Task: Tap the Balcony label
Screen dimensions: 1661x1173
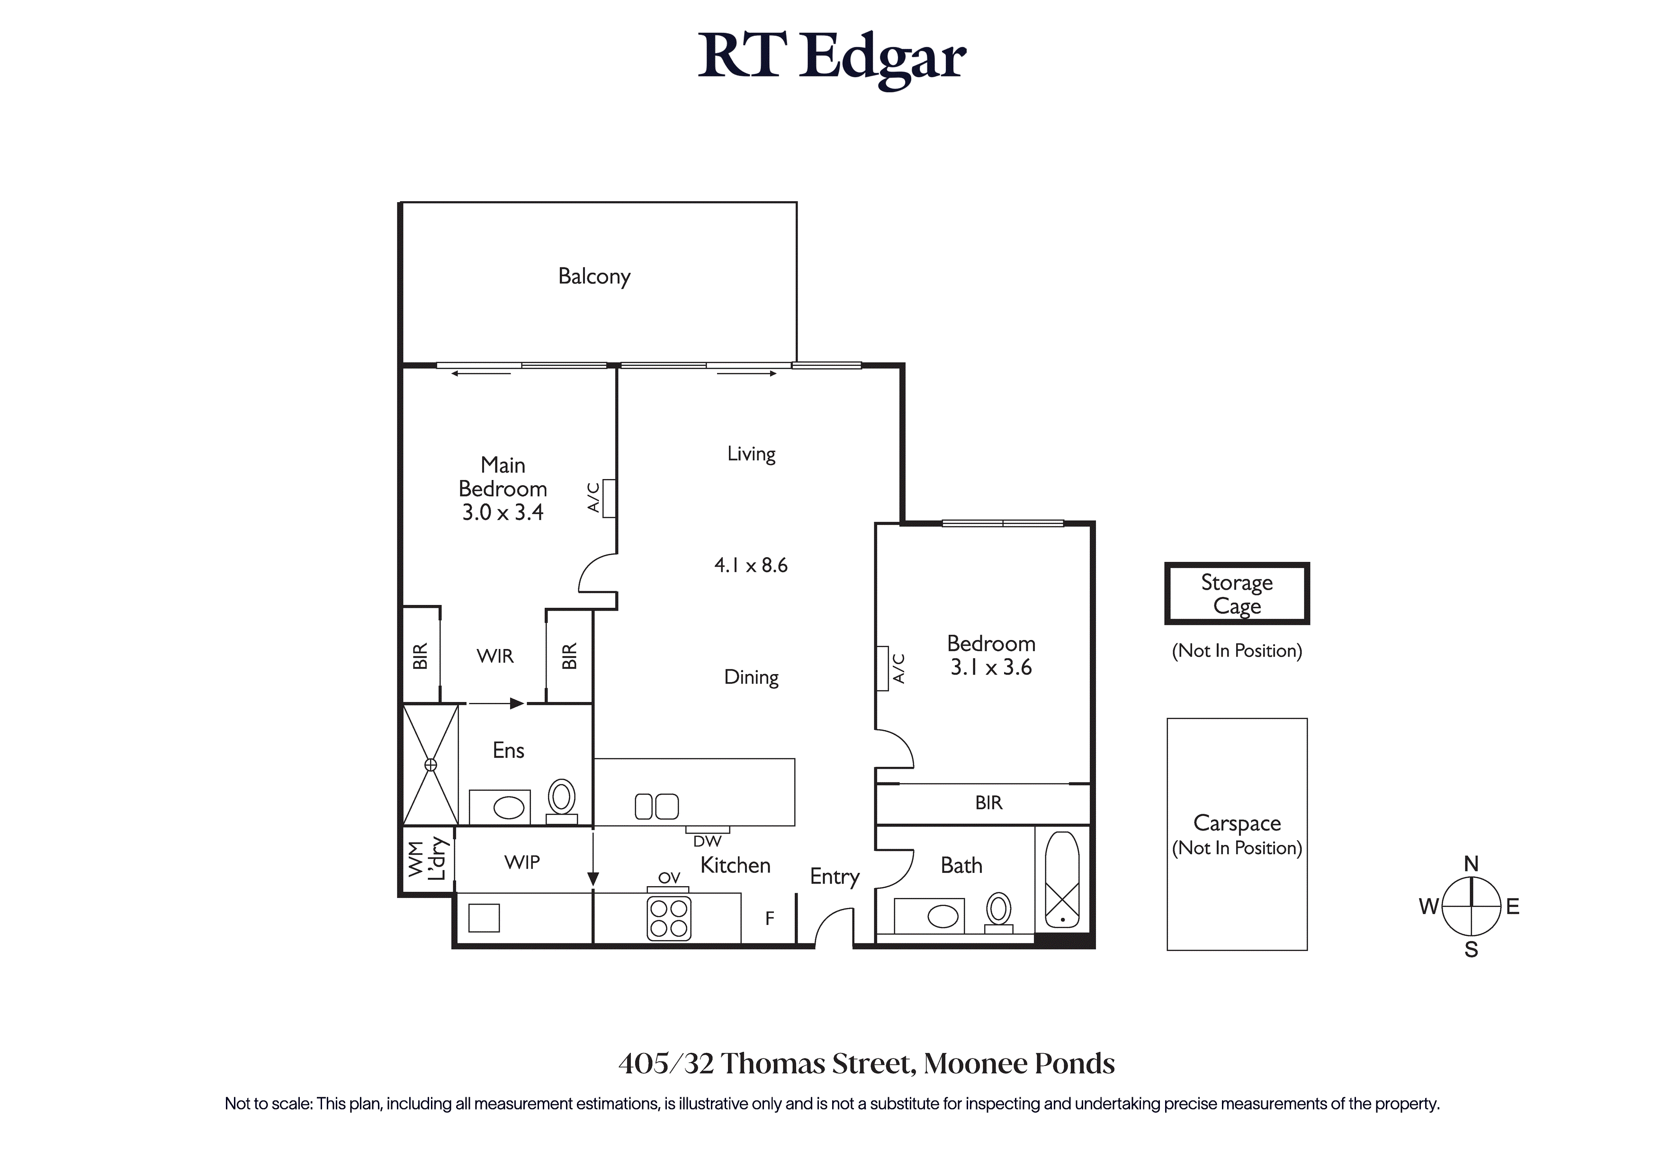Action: point(594,276)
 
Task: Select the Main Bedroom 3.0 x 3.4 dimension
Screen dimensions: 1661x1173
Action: point(503,512)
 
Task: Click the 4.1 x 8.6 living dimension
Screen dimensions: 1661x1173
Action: point(751,565)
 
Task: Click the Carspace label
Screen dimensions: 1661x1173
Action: point(1237,823)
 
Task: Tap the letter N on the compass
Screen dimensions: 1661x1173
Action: point(1471,863)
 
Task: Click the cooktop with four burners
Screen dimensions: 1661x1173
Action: point(669,918)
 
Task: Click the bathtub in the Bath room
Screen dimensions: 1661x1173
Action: point(1062,880)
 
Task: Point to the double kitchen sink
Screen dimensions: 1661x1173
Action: point(657,806)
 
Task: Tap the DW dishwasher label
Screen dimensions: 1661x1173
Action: point(707,841)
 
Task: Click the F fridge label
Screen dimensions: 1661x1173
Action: point(770,918)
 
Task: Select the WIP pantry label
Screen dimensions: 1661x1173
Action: point(522,862)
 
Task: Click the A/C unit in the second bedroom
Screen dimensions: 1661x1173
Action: point(882,668)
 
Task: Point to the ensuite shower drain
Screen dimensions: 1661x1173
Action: point(431,764)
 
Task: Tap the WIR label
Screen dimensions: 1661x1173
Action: point(495,656)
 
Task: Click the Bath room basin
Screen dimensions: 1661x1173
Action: point(943,917)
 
